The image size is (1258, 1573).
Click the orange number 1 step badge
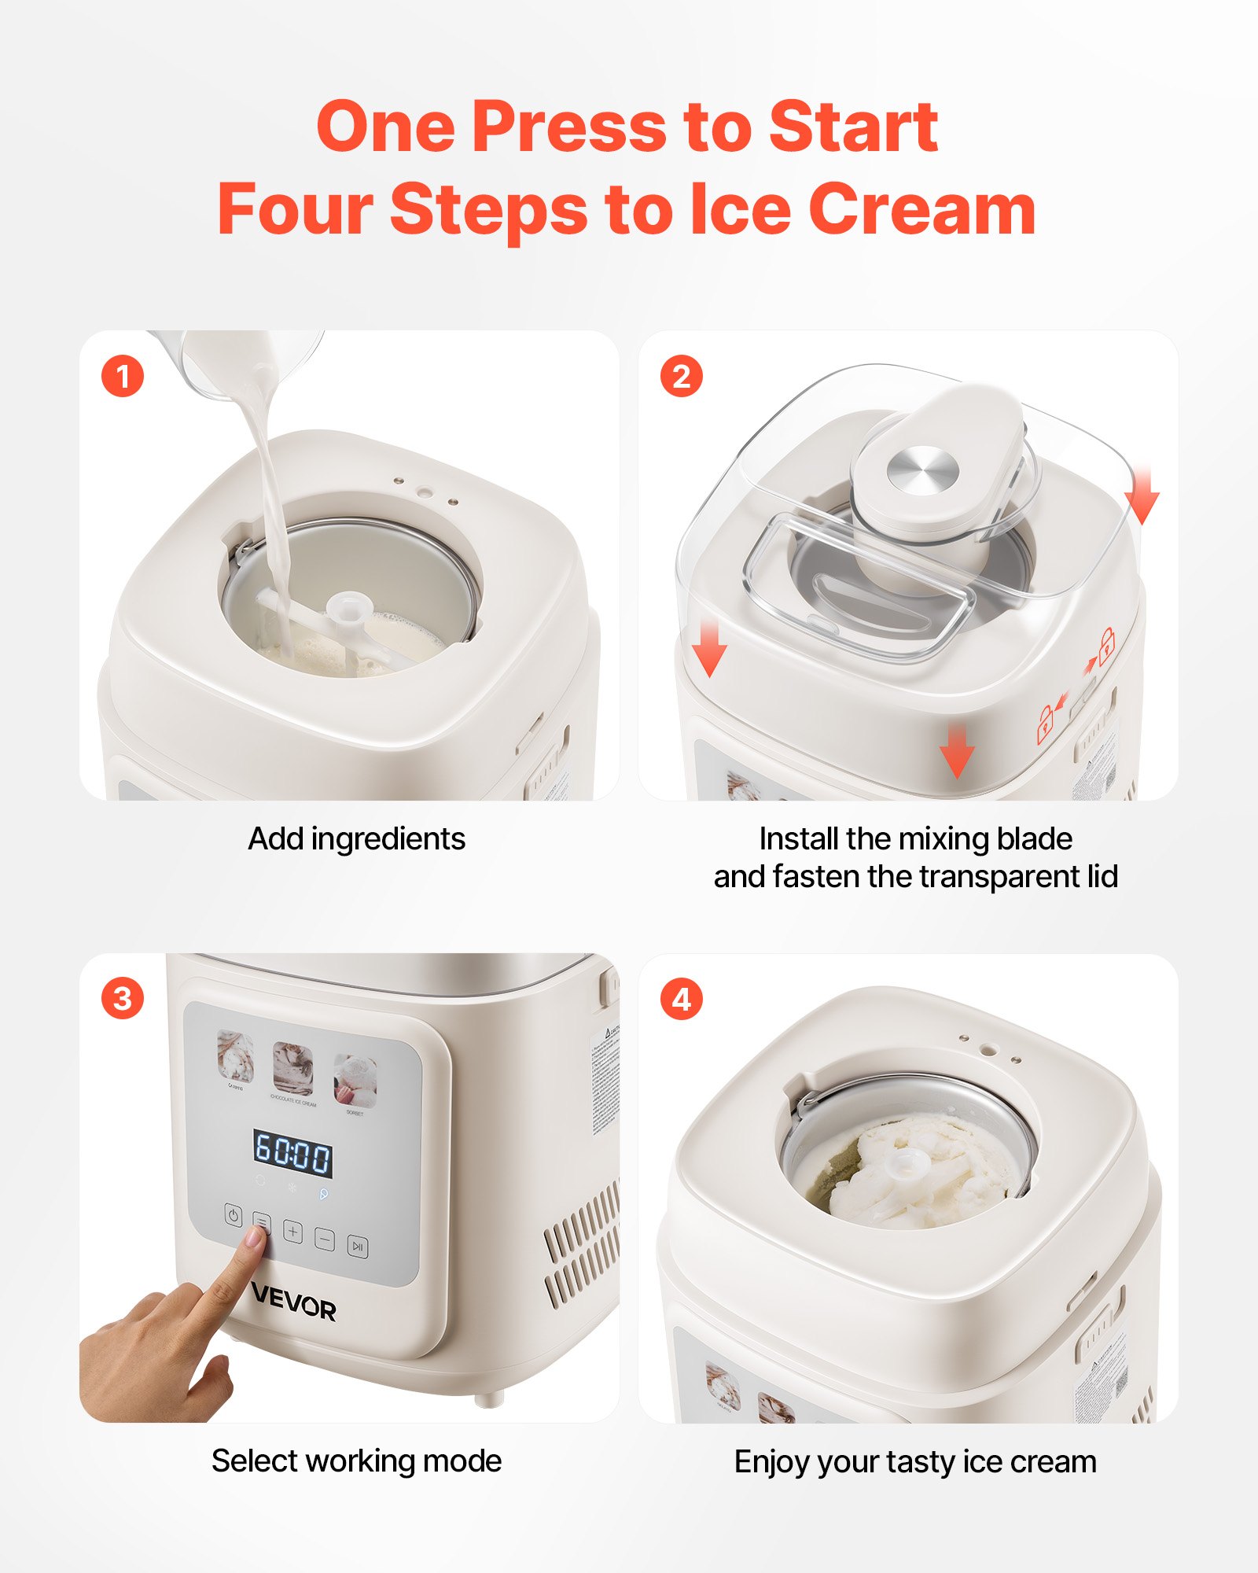click(123, 376)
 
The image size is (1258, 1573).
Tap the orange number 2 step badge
click(681, 376)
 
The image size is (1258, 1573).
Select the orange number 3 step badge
click(123, 999)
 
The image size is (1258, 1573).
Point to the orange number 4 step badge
click(681, 999)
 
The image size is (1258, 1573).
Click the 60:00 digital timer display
click(292, 1154)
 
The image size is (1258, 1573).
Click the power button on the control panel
click(234, 1215)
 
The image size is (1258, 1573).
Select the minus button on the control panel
click(325, 1240)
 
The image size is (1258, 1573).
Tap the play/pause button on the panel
click(358, 1247)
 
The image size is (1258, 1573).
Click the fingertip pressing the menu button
click(256, 1240)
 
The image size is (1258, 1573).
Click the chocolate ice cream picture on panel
click(292, 1069)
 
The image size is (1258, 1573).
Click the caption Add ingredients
click(356, 839)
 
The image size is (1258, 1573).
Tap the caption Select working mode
click(356, 1461)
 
